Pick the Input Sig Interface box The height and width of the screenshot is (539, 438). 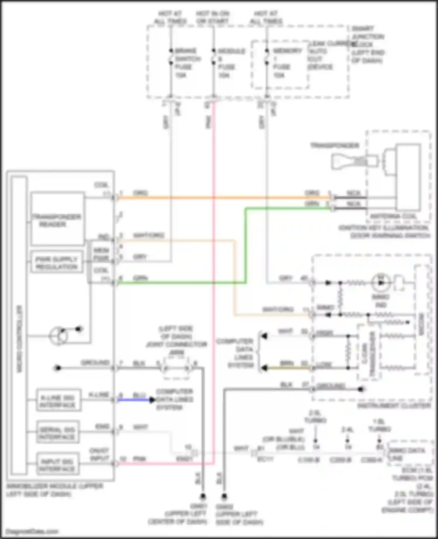[58, 465]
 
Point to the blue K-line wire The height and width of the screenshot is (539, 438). [134, 400]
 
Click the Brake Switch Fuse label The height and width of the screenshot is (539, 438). [187, 63]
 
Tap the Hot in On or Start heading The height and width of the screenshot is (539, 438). [212, 17]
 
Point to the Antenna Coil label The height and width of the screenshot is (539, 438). [393, 216]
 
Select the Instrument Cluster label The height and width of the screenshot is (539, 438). [394, 406]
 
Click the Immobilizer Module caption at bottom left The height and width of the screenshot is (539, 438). [54, 490]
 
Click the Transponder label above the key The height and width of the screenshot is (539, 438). [334, 145]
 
